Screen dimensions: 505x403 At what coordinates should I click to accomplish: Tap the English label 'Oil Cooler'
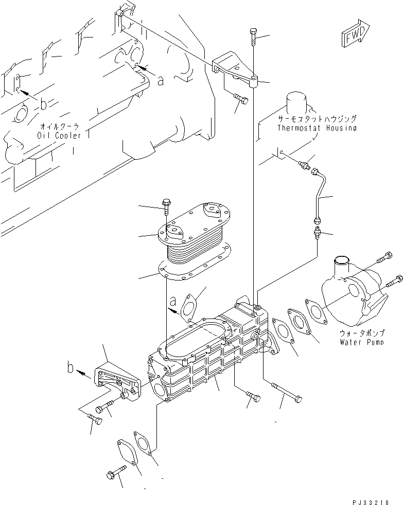pyautogui.click(x=59, y=135)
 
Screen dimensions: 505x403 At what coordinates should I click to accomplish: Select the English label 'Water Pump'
pyautogui.click(x=361, y=342)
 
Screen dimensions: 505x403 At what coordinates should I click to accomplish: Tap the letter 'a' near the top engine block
pyautogui.click(x=161, y=80)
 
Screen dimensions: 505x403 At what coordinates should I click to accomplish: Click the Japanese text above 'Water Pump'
pyautogui.click(x=361, y=333)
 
